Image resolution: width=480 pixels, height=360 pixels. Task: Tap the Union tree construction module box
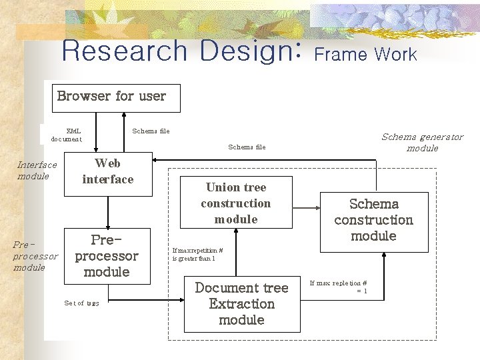coord(236,203)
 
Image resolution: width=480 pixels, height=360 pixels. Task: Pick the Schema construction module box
coord(373,220)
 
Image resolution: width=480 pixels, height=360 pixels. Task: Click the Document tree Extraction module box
coord(241,304)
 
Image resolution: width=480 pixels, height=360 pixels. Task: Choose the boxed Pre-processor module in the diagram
coord(107,255)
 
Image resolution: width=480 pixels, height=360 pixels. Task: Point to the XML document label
coord(67,135)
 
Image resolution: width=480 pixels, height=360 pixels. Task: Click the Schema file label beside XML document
coord(151,131)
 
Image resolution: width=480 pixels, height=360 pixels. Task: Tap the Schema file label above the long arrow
coord(247,147)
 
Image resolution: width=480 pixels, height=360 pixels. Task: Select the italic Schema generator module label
coord(422,142)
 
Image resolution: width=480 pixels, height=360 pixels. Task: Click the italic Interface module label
coord(37,170)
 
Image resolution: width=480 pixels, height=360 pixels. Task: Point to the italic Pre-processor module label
coord(35,256)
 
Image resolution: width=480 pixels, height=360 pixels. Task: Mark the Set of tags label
coord(81,303)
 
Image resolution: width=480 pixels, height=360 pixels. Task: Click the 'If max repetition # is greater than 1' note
coord(197,254)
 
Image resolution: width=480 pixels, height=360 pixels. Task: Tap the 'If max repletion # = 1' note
coord(338,287)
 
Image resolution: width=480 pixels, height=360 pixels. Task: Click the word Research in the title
coord(125,51)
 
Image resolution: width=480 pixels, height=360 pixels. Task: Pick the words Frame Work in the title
coord(365,55)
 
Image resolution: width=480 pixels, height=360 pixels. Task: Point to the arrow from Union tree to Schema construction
coord(297,203)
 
